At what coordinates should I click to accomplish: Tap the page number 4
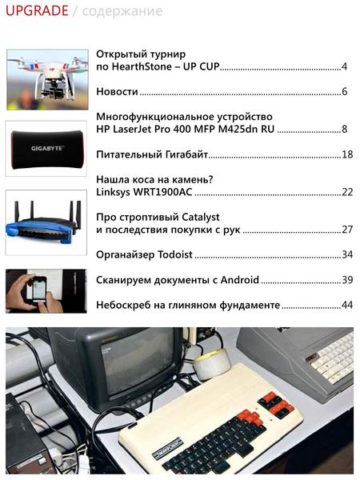(x=343, y=66)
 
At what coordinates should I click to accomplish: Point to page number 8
(x=344, y=129)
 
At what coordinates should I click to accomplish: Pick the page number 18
(x=346, y=154)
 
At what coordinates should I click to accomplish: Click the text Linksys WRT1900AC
(x=145, y=192)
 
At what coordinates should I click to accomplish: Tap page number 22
(x=346, y=192)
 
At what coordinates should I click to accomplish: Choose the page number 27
(x=346, y=230)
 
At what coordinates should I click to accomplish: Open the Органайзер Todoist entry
(x=144, y=254)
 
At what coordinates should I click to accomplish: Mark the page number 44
(x=346, y=305)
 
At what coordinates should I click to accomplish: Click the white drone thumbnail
(x=46, y=78)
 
